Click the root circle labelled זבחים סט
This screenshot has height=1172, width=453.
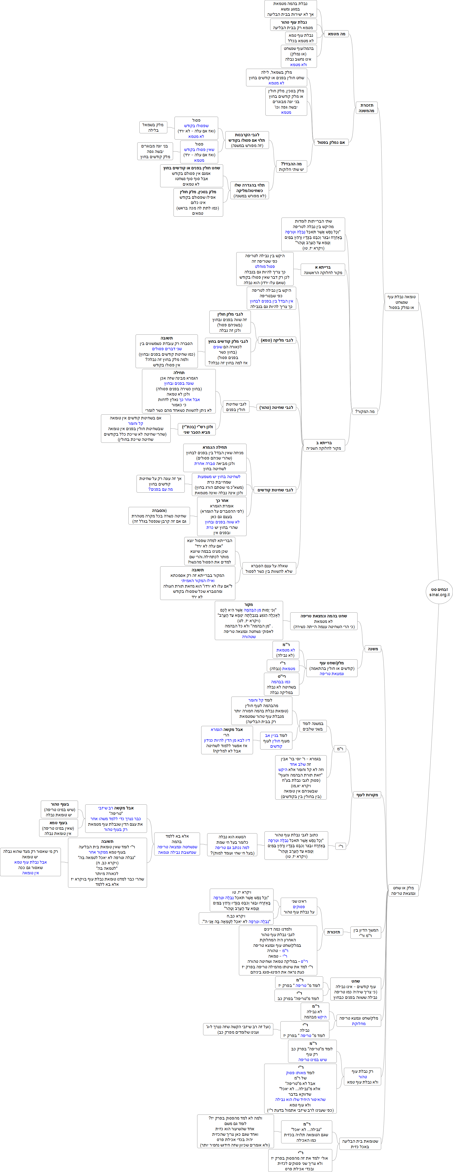(439, 590)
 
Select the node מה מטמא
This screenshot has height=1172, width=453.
(337, 34)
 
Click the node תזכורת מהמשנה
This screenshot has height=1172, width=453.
(367, 108)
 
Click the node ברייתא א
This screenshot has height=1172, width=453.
(323, 270)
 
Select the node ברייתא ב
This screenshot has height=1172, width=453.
(324, 445)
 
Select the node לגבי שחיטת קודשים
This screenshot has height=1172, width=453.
(275, 490)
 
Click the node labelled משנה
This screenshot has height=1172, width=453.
(373, 649)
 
